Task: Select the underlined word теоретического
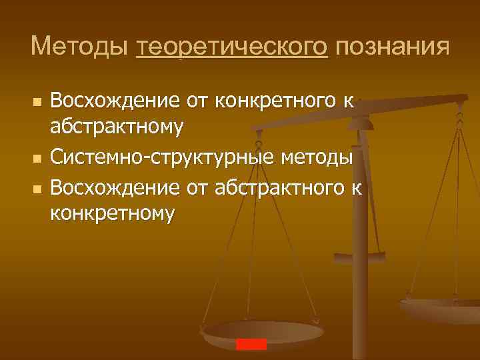pyautogui.click(x=232, y=48)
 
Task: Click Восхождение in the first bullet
pyautogui.click(x=115, y=102)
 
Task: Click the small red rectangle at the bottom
pyautogui.click(x=251, y=344)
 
